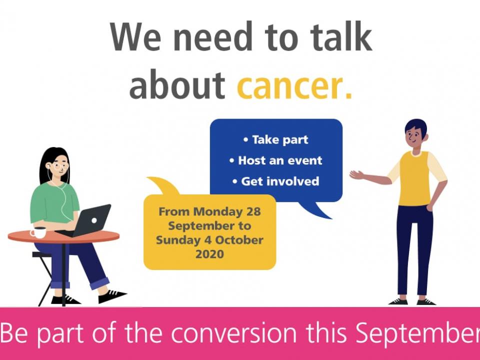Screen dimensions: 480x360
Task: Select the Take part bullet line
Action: pyautogui.click(x=275, y=140)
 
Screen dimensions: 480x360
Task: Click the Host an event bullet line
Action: pyautogui.click(x=275, y=160)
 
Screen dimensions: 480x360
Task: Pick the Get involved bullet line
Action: pyautogui.click(x=275, y=181)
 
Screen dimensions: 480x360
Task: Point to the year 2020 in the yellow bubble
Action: pyautogui.click(x=209, y=254)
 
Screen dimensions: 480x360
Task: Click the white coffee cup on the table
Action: pyautogui.click(x=38, y=232)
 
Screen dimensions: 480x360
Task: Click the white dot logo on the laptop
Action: pyautogui.click(x=94, y=220)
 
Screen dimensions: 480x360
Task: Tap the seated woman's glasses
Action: pyautogui.click(x=60, y=166)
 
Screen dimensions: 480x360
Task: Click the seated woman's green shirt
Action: pyautogui.click(x=54, y=202)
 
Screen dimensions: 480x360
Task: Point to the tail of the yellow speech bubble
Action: pyautogui.click(x=162, y=185)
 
